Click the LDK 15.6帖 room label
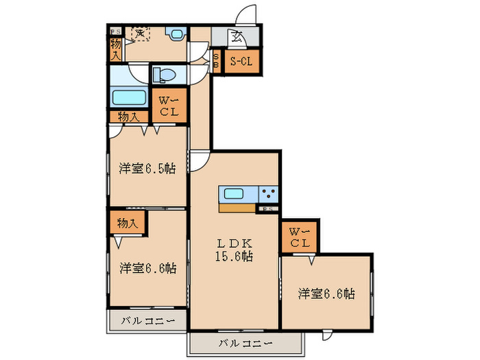(x=235, y=250)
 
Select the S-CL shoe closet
(x=240, y=62)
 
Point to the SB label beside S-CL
(x=216, y=62)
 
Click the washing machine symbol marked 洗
(x=140, y=33)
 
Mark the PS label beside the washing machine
(x=115, y=30)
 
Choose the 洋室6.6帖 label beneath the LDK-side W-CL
(x=326, y=294)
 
